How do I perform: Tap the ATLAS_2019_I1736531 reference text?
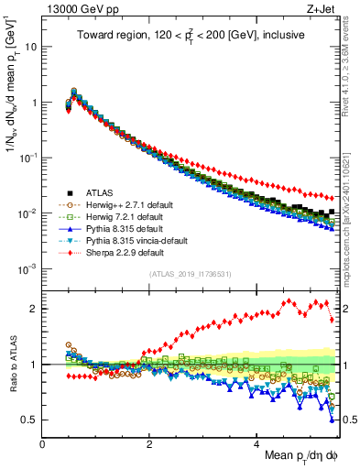[x=189, y=274]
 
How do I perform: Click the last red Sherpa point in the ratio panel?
[x=331, y=319]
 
